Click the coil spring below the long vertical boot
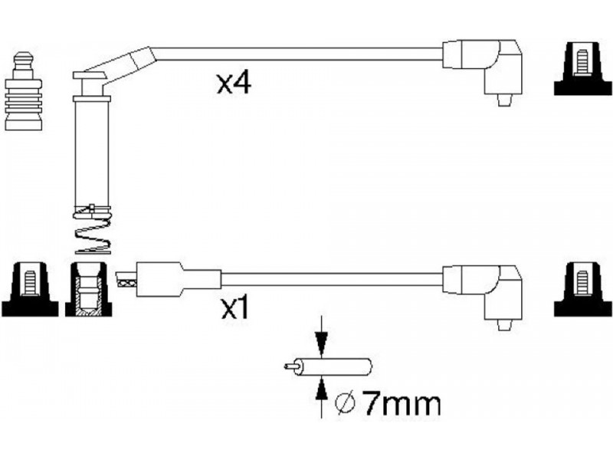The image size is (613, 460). tap(92, 230)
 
